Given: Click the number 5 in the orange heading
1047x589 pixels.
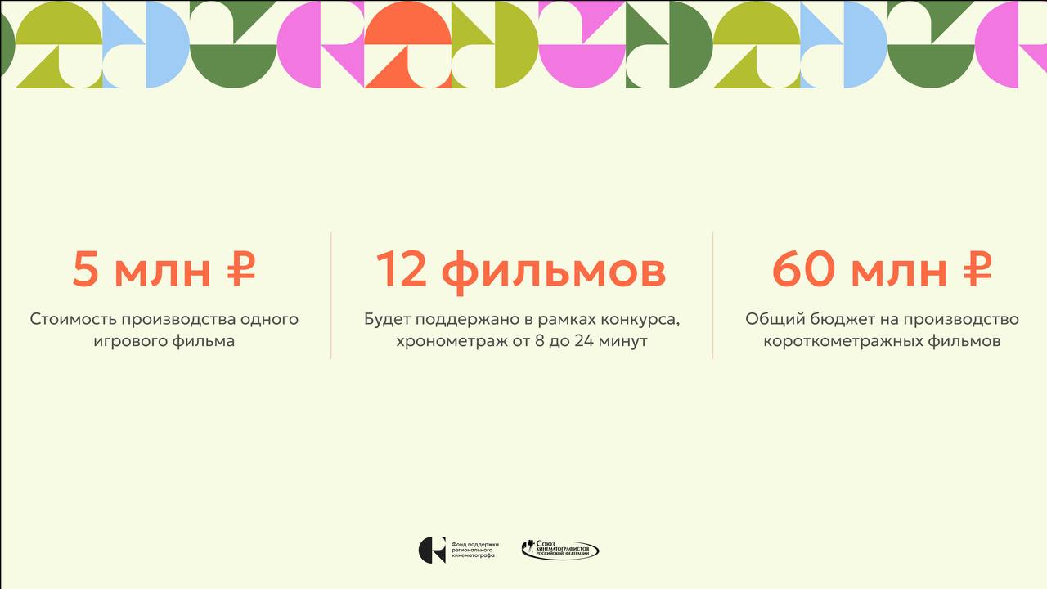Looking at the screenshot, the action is tap(85, 269).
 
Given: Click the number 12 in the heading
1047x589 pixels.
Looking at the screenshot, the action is tap(402, 269).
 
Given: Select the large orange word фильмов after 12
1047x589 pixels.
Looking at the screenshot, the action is tap(554, 272).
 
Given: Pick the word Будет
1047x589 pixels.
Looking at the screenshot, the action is tap(388, 320).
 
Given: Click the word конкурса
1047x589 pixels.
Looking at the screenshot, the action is tap(646, 320).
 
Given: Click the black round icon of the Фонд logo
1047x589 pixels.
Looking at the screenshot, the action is tap(432, 551).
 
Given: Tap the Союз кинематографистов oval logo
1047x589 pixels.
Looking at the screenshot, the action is tap(560, 551).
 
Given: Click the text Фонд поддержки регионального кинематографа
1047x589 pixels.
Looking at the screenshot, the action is tap(475, 551).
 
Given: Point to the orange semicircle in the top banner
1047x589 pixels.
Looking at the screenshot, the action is tap(408, 22).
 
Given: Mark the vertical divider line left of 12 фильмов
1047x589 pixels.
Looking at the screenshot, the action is tap(331, 295).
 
